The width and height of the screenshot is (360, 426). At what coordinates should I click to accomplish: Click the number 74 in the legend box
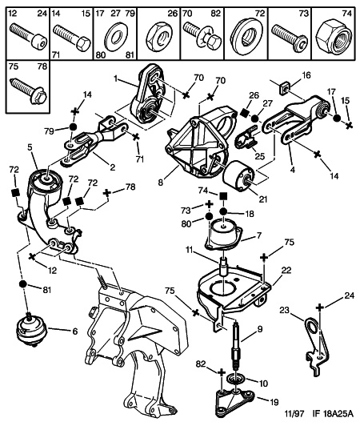point(346,13)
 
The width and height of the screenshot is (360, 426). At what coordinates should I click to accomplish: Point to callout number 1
point(116,78)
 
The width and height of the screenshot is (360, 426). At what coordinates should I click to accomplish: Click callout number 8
point(161,182)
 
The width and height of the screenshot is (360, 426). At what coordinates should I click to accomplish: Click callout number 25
point(260,156)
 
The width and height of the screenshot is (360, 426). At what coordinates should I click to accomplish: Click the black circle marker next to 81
point(23,283)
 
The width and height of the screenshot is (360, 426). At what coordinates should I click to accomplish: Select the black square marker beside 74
point(223,195)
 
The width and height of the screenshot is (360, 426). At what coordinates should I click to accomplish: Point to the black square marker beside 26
point(245,113)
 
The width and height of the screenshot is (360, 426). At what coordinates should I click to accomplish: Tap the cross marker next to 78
point(107,193)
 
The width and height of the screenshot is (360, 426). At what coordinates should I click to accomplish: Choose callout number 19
point(274,401)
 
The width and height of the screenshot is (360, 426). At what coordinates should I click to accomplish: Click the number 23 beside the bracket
point(285,310)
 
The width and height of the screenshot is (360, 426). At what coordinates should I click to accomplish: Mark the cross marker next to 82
point(222,372)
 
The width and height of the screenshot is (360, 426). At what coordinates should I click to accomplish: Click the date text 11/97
point(294,414)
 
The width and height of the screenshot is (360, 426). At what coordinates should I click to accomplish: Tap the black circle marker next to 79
point(73,127)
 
